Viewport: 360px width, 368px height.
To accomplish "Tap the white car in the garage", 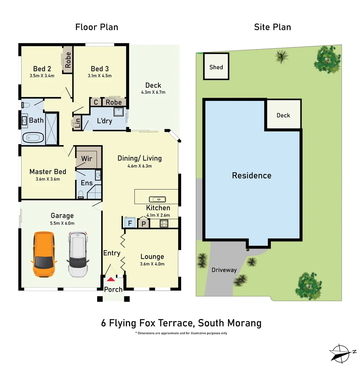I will pyautogui.click(x=78, y=254).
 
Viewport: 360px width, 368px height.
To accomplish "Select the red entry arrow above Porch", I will pyautogui.click(x=111, y=279).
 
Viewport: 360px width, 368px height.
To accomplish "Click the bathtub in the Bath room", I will pyautogui.click(x=33, y=138).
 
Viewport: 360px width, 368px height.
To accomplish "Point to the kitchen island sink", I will pyautogui.click(x=157, y=199).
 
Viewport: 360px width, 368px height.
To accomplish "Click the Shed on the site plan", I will pyautogui.click(x=216, y=67).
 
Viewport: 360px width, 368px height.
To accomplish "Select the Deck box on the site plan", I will pyautogui.click(x=283, y=115).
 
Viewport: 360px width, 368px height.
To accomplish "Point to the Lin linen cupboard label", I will pyautogui.click(x=77, y=123).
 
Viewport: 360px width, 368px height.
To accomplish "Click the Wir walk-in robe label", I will pyautogui.click(x=87, y=159).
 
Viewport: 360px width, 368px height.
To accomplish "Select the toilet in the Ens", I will pyautogui.click(x=81, y=194).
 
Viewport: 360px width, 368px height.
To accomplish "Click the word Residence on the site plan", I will pyautogui.click(x=252, y=175).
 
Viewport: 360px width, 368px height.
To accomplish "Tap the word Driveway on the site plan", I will pyautogui.click(x=224, y=270).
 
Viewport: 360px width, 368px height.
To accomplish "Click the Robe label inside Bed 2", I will pyautogui.click(x=68, y=60).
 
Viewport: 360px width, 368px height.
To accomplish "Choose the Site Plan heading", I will pyautogui.click(x=272, y=27).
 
